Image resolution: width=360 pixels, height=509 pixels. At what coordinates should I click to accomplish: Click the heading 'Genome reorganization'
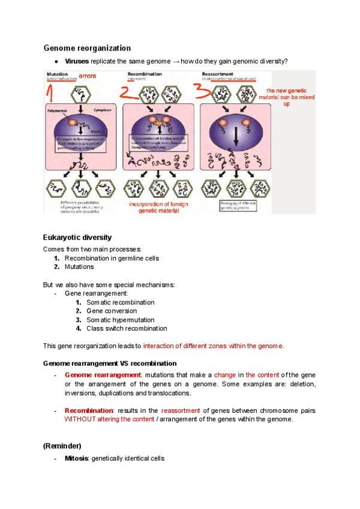[87, 47]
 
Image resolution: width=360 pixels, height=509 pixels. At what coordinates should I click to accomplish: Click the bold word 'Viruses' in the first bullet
[77, 62]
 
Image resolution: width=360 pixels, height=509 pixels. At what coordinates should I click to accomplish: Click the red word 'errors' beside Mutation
[88, 76]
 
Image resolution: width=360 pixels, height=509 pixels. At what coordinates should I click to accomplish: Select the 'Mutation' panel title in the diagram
[56, 74]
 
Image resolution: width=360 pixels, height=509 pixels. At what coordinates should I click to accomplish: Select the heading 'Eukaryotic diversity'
[77, 238]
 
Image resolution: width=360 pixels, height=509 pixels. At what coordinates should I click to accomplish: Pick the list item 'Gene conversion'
[111, 311]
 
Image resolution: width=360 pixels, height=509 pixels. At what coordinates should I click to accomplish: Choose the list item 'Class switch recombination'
[127, 328]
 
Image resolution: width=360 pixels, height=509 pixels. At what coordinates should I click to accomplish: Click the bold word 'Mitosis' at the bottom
[77, 459]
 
